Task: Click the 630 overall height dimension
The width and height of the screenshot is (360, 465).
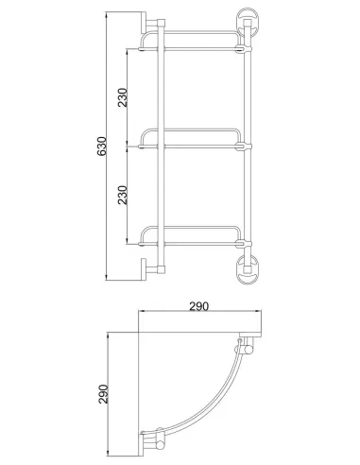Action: coord(101,146)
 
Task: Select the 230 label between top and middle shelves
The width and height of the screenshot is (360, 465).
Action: coord(123,97)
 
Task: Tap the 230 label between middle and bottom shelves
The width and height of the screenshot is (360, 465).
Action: coord(123,195)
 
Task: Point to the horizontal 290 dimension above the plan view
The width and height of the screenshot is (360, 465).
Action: coord(198,306)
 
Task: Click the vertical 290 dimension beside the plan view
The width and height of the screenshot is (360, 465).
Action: coord(103,394)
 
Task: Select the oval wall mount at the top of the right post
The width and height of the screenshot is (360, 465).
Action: coord(248,22)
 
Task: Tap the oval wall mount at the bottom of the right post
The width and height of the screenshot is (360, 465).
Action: coord(248,269)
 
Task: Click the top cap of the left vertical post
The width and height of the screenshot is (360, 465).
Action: coord(161,23)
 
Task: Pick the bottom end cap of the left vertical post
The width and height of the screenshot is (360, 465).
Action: coord(161,269)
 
